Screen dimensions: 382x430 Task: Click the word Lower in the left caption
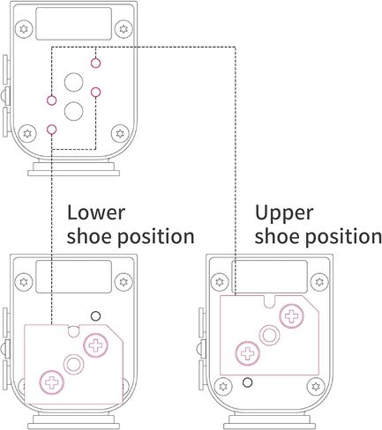click(x=96, y=212)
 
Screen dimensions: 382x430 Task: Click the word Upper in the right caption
click(x=284, y=214)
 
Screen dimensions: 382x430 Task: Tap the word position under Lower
click(x=156, y=237)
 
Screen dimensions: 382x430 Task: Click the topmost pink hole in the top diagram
click(x=95, y=63)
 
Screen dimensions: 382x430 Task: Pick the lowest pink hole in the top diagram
click(x=51, y=130)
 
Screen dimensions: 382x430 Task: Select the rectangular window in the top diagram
click(x=73, y=24)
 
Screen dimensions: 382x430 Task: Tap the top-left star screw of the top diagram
click(x=24, y=29)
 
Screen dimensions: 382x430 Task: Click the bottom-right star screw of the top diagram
click(x=120, y=134)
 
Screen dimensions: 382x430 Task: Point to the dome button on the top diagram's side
click(x=4, y=95)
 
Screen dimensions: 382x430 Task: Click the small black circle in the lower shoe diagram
click(x=95, y=316)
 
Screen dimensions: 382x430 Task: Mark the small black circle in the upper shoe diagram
click(x=247, y=382)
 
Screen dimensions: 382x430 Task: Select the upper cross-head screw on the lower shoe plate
click(x=96, y=345)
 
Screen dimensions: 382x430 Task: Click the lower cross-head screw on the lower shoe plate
click(x=52, y=382)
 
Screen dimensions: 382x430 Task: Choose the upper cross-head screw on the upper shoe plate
click(x=292, y=316)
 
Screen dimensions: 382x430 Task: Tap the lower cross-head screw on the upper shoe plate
click(x=248, y=353)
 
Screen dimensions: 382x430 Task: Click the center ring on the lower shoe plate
click(x=74, y=364)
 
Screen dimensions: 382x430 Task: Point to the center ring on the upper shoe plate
click(x=270, y=335)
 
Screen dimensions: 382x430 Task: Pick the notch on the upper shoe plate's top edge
click(x=269, y=301)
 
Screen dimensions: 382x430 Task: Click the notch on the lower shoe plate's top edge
click(x=73, y=330)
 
